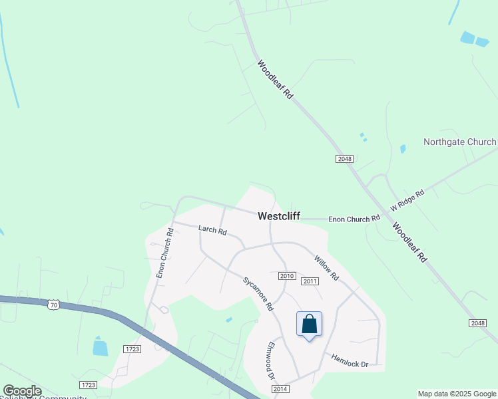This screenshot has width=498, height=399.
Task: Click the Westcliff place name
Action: (279, 216)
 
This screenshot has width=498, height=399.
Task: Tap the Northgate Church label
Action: (459, 142)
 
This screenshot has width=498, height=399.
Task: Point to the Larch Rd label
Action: (212, 231)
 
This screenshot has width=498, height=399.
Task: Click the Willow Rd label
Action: (327, 268)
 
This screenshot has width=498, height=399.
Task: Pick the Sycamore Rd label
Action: (258, 294)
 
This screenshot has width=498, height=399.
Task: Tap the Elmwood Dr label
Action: (271, 360)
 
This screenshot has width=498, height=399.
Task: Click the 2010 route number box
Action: (286, 275)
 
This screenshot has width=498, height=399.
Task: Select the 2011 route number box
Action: (310, 281)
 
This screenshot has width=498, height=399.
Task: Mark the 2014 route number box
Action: (280, 388)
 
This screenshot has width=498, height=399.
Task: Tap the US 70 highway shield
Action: (54, 305)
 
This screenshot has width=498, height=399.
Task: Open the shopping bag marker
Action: (309, 325)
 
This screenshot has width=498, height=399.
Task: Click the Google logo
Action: (22, 391)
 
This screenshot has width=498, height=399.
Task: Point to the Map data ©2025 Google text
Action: (457, 394)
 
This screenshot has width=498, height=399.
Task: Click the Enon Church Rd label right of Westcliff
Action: (354, 218)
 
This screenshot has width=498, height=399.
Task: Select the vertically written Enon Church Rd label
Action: (164, 253)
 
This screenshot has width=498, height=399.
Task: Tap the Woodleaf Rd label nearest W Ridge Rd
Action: (409, 242)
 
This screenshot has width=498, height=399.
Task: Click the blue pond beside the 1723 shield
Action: (101, 347)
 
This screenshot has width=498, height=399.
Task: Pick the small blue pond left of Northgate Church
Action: (402, 149)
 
